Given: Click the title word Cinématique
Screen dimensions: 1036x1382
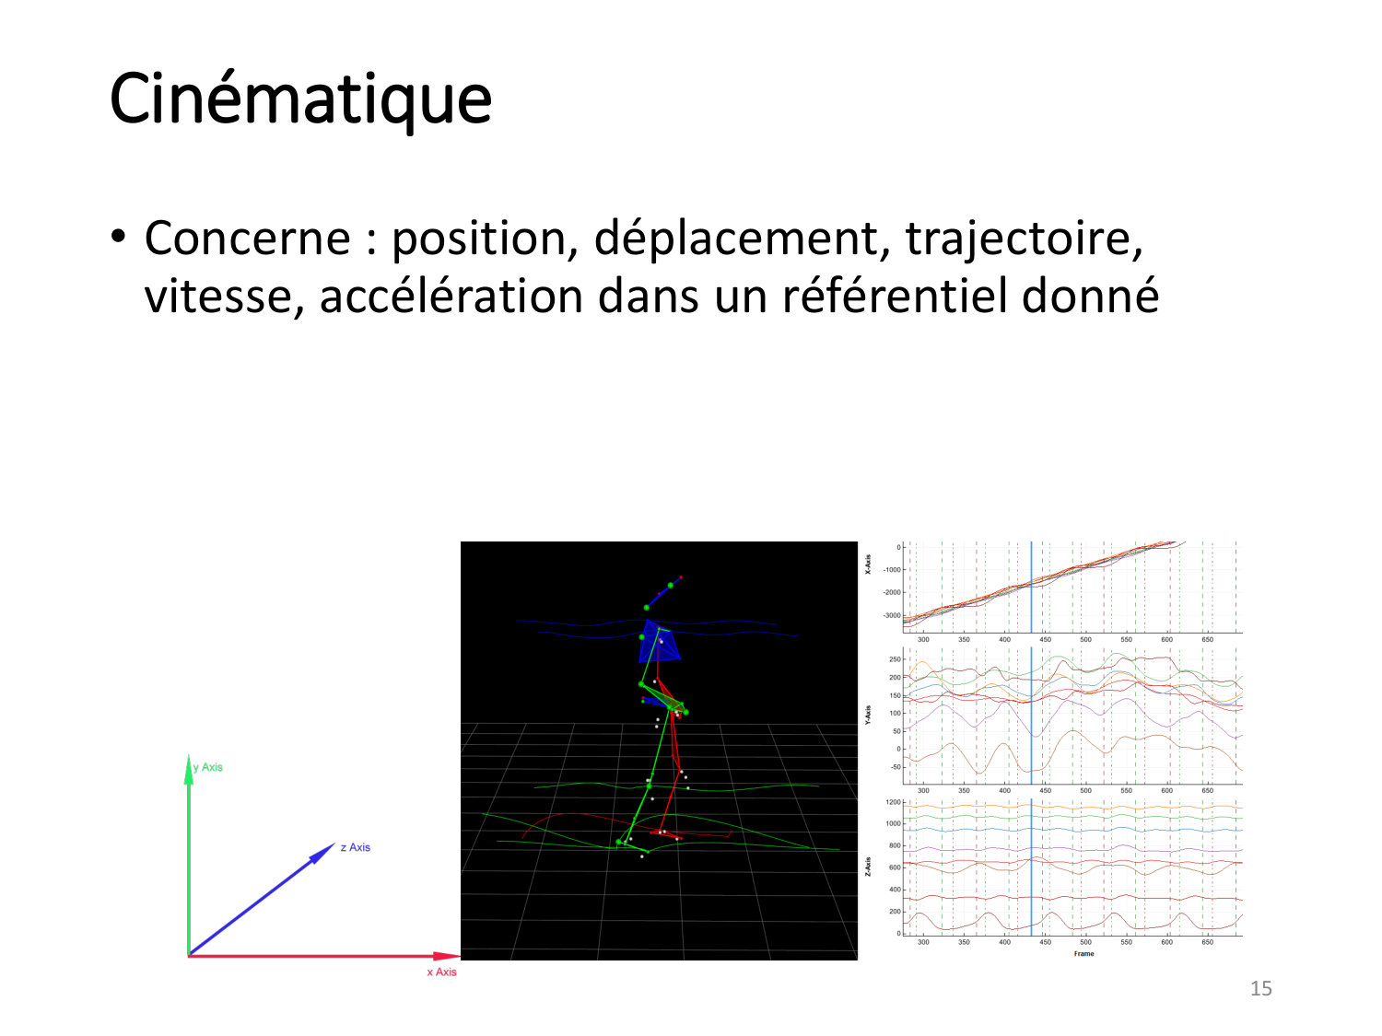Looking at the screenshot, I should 300,99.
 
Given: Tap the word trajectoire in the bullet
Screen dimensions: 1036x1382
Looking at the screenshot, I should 1024,239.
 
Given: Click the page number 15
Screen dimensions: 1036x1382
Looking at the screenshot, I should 1260,989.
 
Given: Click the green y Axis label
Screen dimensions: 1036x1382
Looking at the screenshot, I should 208,767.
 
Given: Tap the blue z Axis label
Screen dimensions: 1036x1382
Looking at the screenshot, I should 355,847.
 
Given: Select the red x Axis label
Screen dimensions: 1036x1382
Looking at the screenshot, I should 441,972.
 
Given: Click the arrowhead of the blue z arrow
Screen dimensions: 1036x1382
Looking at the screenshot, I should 323,853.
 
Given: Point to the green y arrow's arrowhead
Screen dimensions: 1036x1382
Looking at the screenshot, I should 189,769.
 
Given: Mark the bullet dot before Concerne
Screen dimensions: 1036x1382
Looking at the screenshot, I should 118,238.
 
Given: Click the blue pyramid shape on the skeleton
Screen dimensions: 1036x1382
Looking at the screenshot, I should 660,642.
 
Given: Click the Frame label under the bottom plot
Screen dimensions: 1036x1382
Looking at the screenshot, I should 1083,954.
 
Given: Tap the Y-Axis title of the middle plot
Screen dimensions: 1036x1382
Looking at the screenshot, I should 867,714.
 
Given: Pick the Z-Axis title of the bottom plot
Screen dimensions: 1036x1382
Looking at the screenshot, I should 867,866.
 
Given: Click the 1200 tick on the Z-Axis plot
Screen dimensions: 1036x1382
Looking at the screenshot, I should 893,803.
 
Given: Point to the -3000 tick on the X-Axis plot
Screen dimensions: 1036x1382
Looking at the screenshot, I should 891,615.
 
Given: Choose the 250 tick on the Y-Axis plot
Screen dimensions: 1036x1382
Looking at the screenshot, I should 895,659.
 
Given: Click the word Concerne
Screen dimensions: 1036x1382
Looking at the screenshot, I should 247,239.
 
